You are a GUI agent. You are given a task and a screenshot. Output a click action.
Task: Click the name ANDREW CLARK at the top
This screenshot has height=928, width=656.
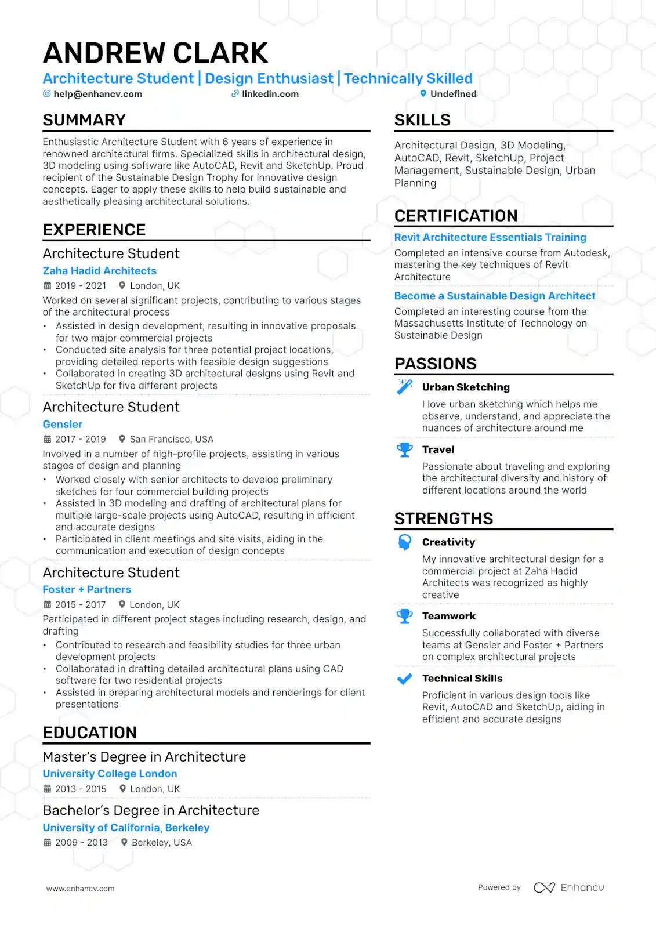pos(155,53)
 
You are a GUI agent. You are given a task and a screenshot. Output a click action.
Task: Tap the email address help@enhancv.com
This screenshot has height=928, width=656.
pos(97,94)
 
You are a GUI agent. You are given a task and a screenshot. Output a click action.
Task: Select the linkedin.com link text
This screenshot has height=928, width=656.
pos(270,94)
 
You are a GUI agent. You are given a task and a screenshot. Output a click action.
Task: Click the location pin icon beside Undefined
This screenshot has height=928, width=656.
pos(423,93)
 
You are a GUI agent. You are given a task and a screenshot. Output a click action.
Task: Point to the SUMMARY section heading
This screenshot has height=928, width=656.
pos(84,120)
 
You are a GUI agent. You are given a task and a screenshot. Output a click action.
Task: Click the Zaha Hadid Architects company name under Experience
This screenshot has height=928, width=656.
pos(100,271)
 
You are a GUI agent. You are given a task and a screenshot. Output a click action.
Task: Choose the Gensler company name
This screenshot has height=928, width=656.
pos(63,425)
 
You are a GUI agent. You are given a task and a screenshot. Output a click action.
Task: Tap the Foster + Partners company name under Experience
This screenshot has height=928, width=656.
pos(87,589)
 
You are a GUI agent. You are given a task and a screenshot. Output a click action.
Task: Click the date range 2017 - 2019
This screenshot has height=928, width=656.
pos(81,439)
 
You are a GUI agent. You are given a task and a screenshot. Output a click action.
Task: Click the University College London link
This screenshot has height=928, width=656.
pos(110,774)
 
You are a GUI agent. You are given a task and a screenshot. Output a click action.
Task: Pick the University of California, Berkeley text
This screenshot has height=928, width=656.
pos(126,828)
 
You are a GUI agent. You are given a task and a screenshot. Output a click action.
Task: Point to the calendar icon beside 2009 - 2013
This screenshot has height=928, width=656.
pos(48,842)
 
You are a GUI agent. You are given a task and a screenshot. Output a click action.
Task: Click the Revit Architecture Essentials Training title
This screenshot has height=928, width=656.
pos(490,237)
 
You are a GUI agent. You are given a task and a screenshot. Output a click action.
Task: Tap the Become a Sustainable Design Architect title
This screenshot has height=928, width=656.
pos(495,296)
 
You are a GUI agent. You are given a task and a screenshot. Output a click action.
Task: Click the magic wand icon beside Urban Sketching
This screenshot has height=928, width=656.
pos(404,387)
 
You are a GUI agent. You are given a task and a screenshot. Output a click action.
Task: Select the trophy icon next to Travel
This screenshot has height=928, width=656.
pos(404,449)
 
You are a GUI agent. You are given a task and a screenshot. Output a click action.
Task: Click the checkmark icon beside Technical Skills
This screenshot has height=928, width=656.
pos(404,679)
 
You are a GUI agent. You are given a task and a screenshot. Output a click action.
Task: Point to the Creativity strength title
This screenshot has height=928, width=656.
pos(448,542)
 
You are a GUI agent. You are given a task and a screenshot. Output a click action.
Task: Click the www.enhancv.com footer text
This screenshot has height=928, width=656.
pos(81,888)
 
